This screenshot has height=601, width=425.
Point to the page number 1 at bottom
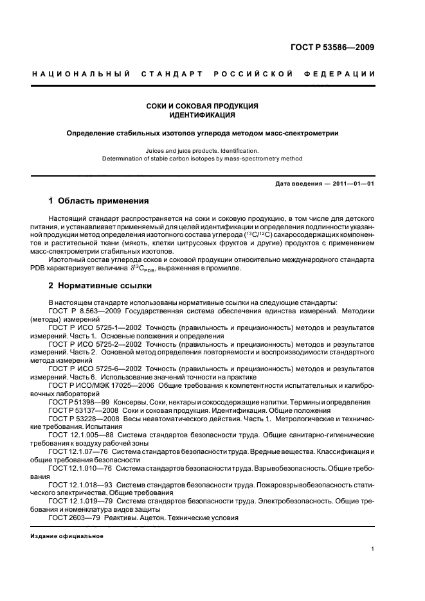(373, 550)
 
